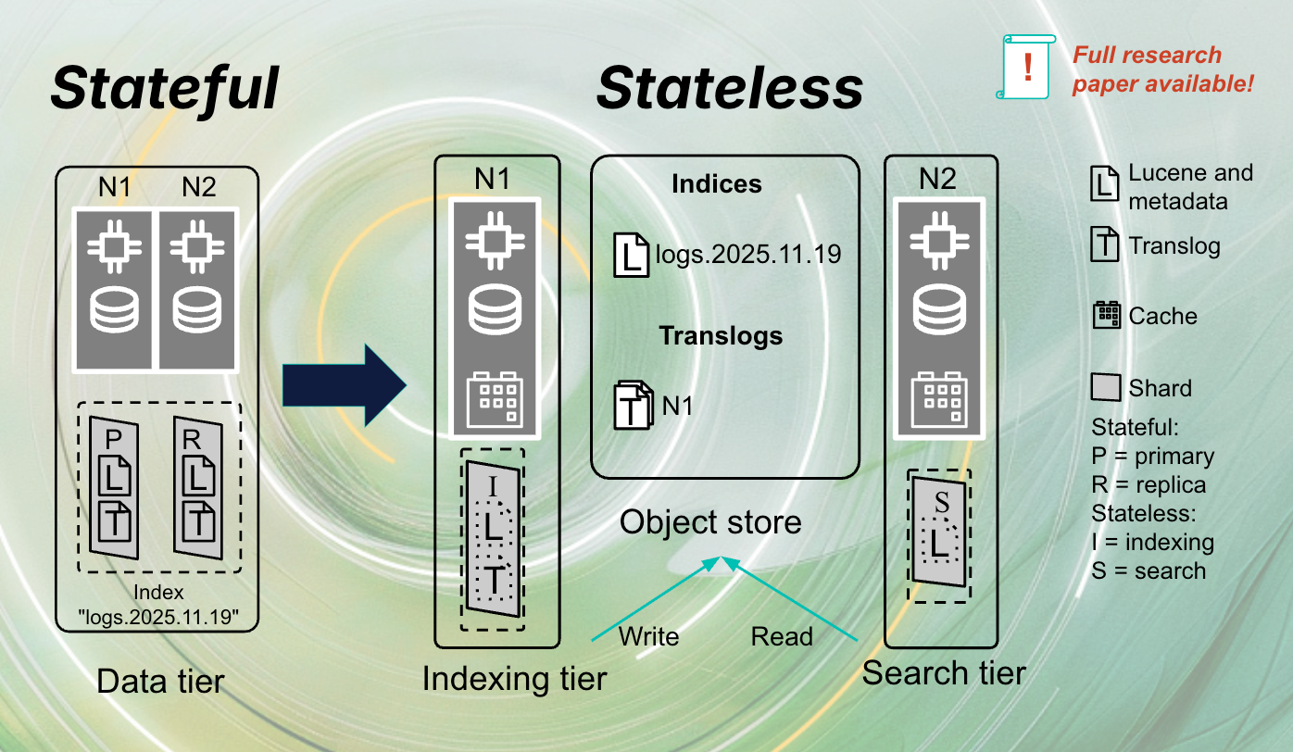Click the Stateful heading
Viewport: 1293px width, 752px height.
click(164, 88)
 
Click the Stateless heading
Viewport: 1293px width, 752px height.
click(729, 88)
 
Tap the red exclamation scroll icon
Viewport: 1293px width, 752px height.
click(1027, 67)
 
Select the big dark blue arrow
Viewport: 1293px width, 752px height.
click(344, 385)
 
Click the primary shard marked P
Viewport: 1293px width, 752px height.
click(115, 485)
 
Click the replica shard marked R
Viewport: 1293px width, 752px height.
click(198, 485)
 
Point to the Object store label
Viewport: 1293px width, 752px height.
click(710, 522)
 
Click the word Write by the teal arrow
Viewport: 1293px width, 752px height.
click(648, 636)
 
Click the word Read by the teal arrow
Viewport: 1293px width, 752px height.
click(782, 636)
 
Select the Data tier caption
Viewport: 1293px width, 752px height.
click(160, 682)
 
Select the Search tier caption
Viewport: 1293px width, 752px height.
click(943, 672)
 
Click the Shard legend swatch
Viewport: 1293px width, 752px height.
click(1106, 387)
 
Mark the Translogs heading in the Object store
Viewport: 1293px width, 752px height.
click(721, 335)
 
